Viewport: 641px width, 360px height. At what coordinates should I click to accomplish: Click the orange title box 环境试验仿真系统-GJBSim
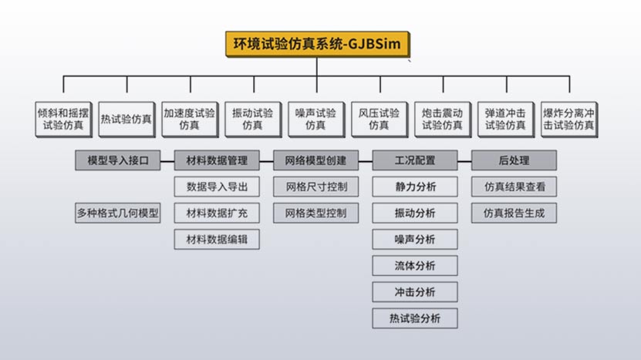click(317, 44)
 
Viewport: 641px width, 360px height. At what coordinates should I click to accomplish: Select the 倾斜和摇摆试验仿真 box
click(63, 118)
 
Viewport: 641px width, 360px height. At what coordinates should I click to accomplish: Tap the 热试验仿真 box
click(127, 119)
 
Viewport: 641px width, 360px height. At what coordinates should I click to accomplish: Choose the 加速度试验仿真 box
click(190, 118)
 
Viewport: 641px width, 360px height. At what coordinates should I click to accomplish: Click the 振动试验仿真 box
click(253, 118)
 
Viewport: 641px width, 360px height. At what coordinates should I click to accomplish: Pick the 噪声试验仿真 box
click(316, 118)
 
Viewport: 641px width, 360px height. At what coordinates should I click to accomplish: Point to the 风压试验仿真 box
click(380, 118)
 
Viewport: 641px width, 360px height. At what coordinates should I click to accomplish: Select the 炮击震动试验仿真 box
click(443, 118)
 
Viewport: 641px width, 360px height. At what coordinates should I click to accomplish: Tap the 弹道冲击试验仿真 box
click(506, 118)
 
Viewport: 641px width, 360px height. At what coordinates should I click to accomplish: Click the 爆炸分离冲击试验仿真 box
click(569, 118)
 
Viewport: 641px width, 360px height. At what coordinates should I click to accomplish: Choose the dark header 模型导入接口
click(118, 160)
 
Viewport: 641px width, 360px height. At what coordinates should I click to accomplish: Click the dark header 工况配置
click(415, 160)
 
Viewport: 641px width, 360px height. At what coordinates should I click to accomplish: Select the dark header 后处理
click(514, 160)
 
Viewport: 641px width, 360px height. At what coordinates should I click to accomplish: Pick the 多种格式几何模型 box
click(118, 213)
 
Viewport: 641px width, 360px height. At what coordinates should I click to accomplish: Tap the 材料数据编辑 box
click(217, 239)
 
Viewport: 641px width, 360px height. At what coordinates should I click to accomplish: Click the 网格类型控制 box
click(316, 213)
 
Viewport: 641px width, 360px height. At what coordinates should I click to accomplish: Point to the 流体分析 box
click(415, 265)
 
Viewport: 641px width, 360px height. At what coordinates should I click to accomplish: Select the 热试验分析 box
click(415, 318)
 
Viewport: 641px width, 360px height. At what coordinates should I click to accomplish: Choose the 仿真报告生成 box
click(514, 213)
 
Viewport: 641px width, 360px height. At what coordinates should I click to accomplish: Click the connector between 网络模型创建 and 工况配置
click(366, 160)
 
